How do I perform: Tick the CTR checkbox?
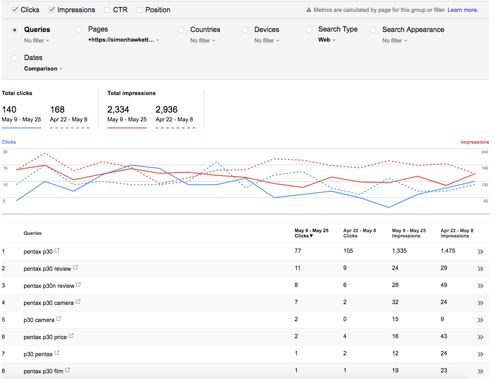click(107, 10)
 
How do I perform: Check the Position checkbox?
click(139, 10)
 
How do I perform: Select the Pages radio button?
click(78, 30)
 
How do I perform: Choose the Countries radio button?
click(181, 30)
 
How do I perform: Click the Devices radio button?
click(245, 30)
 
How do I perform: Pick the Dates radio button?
click(15, 58)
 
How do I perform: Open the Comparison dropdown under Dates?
click(43, 69)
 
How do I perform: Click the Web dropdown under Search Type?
click(327, 40)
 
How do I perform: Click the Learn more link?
click(463, 10)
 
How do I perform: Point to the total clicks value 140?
click(9, 110)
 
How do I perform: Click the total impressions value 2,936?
click(166, 110)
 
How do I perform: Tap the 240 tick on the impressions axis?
click(484, 152)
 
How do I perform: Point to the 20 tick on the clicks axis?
click(5, 152)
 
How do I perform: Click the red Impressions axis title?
click(474, 142)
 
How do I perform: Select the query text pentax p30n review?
click(49, 286)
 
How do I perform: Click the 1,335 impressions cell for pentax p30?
click(399, 251)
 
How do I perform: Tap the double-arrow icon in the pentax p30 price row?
click(481, 337)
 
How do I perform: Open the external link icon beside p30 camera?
click(59, 319)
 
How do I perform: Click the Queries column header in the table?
click(32, 233)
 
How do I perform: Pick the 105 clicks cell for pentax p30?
click(348, 251)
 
